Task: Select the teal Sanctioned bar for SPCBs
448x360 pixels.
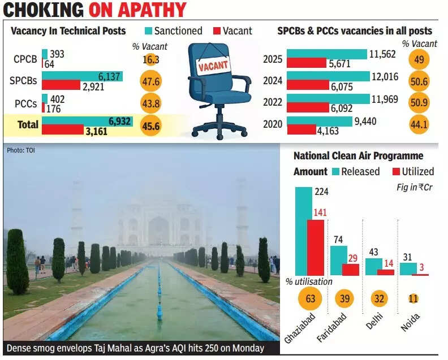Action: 82,76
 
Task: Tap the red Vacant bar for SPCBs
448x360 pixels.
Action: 61,85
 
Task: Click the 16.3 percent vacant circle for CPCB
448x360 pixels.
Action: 150,58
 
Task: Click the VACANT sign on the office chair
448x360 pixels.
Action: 214,66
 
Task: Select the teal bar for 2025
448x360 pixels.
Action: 326,54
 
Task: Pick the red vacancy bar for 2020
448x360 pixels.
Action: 301,130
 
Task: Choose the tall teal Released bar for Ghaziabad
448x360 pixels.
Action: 304,231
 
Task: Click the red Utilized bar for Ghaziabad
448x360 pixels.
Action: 316,248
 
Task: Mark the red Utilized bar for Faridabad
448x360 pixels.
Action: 351,270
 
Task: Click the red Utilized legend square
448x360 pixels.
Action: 396,171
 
